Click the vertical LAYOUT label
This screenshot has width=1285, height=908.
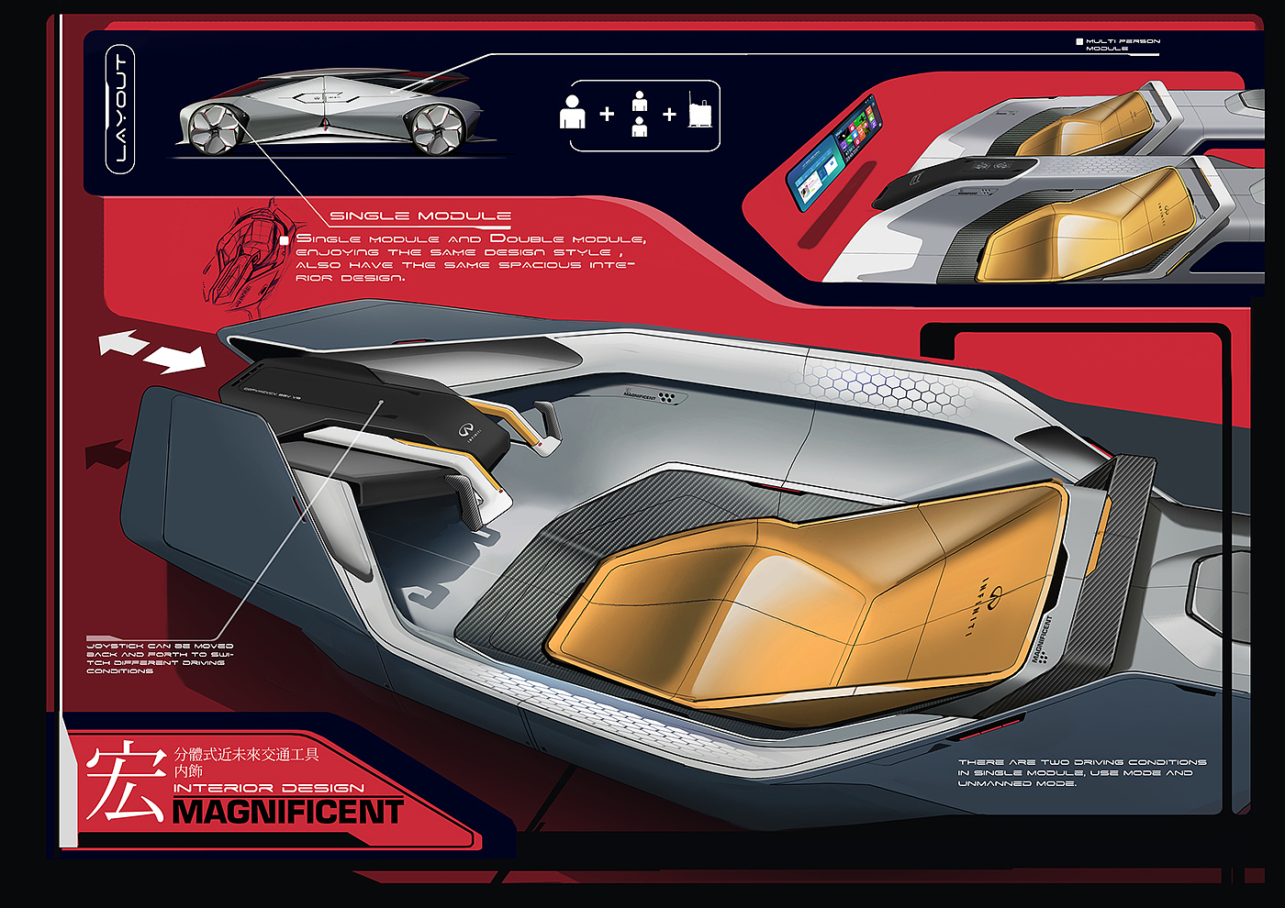tap(120, 109)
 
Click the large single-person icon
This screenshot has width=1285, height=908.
tap(572, 112)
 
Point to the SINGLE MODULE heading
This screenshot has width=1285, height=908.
tap(419, 216)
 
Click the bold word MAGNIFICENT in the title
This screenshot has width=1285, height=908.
tap(287, 813)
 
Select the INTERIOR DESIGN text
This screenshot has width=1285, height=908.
tap(268, 788)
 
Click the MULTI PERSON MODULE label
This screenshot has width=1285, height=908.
tap(1122, 44)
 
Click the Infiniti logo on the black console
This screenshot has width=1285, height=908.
tap(466, 429)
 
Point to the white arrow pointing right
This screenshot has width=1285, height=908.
tap(176, 359)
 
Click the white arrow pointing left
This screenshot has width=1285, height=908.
tap(123, 343)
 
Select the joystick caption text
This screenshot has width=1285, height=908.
tap(160, 659)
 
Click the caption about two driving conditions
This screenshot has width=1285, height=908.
tap(1081, 772)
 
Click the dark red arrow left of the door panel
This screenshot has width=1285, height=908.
tap(108, 454)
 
